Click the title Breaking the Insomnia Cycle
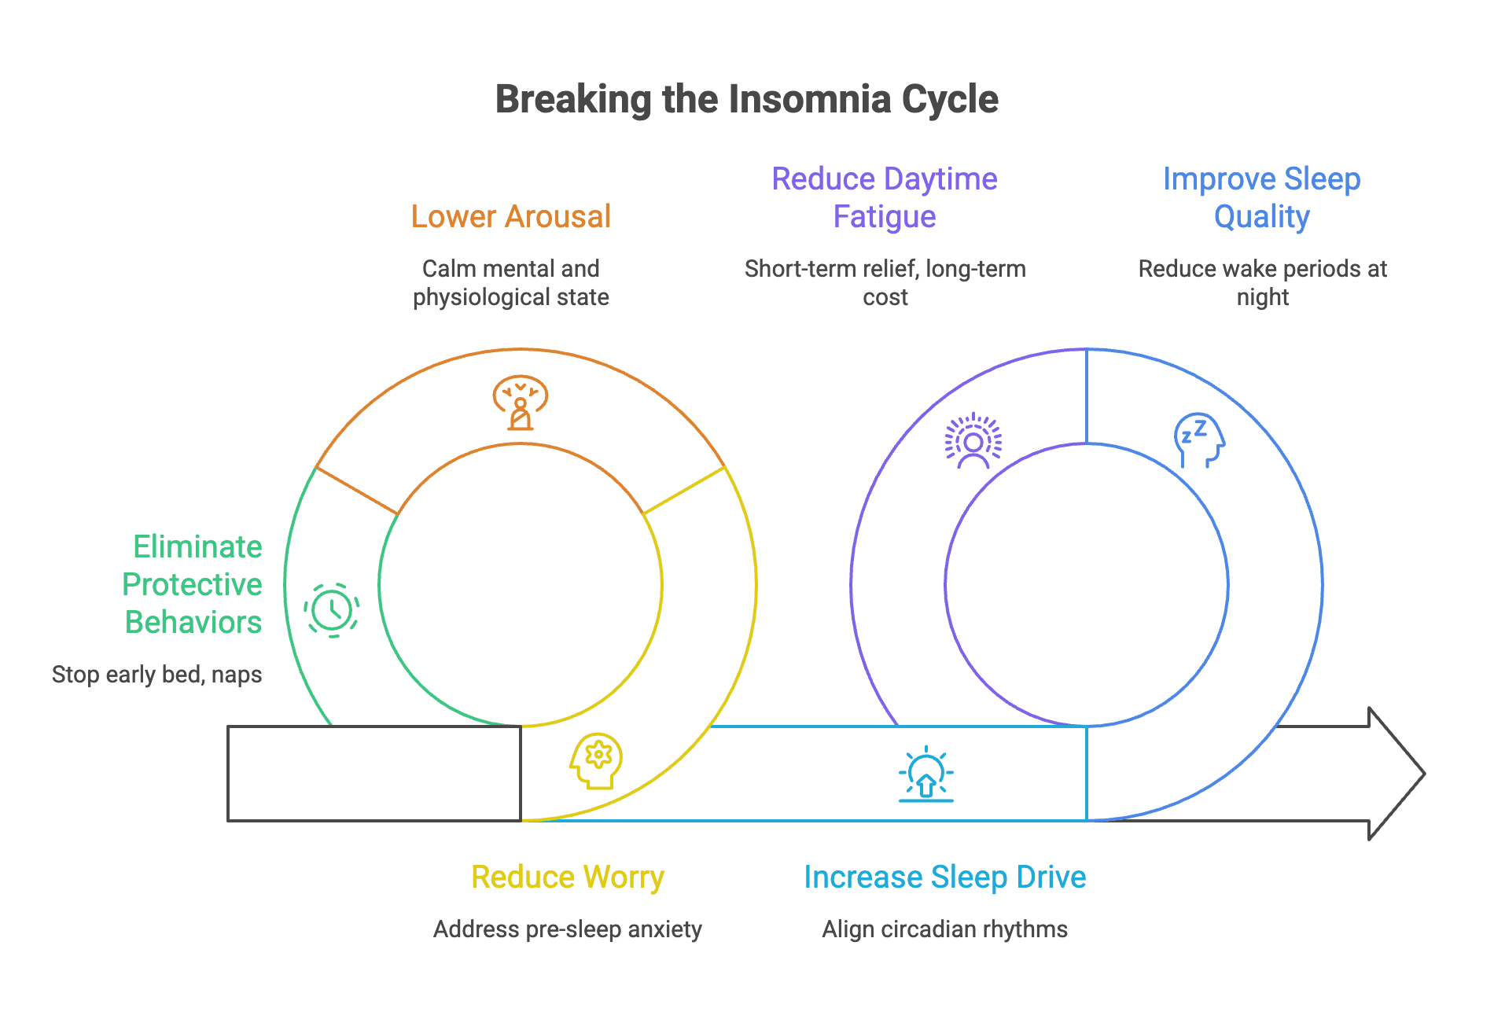point(746,100)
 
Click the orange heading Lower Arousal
point(510,217)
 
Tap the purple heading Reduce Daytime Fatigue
point(885,198)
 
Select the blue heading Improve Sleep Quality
point(1261,198)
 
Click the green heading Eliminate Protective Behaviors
point(193,584)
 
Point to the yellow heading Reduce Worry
point(567,877)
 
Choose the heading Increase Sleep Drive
point(944,877)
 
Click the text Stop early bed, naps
point(156,675)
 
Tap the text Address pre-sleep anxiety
point(567,929)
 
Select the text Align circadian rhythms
point(944,929)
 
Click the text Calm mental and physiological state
point(510,283)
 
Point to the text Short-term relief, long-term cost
point(885,283)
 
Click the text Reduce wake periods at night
point(1261,283)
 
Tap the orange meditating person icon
point(520,403)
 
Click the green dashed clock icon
point(332,610)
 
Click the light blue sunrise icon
point(925,774)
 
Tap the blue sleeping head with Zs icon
point(1199,440)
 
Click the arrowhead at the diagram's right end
point(1396,774)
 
